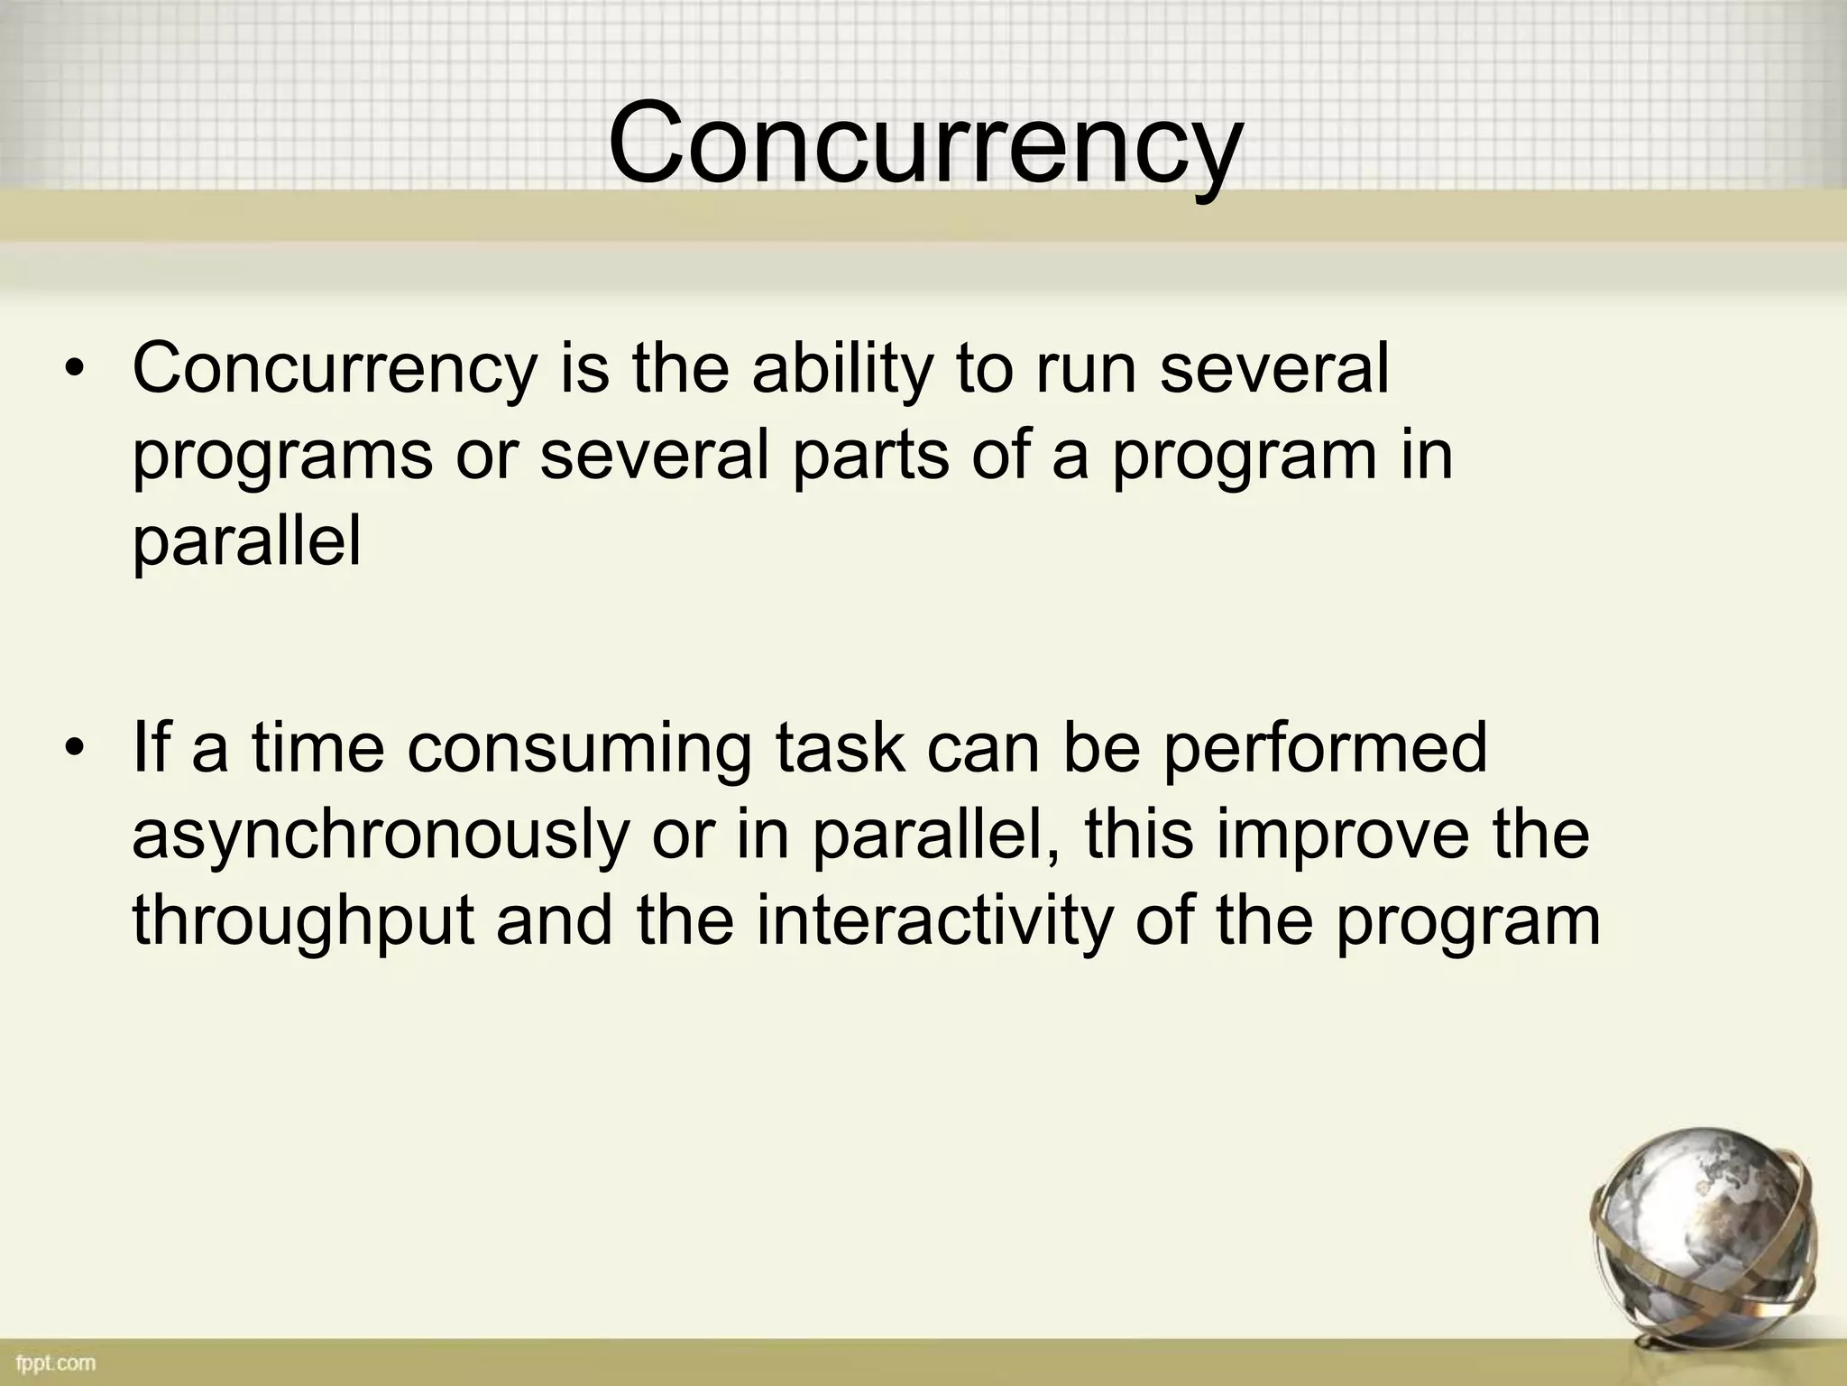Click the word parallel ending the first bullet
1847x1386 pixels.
coord(246,543)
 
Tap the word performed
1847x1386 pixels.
coord(1323,751)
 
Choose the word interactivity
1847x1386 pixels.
coord(933,922)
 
